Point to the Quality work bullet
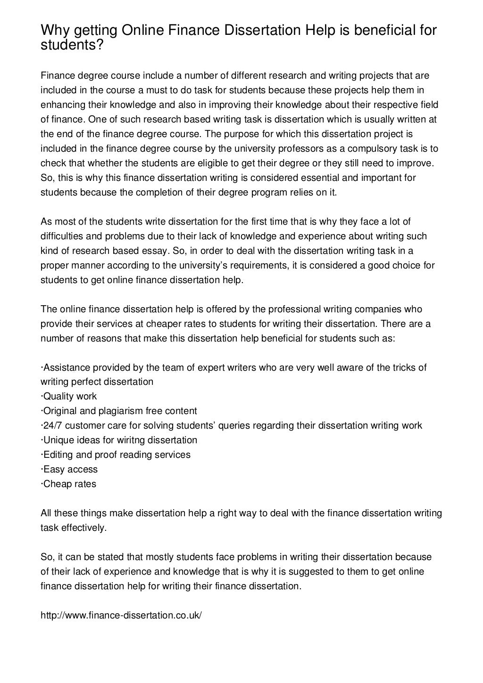(x=70, y=396)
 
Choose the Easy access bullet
(x=70, y=469)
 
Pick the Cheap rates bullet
(x=69, y=484)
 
